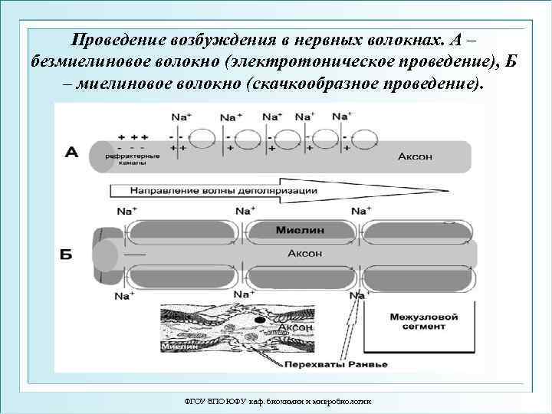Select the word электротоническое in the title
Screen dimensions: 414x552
pos(326,60)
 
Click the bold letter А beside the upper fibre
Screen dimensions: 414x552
pos(71,153)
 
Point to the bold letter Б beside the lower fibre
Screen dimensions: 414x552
pos(66,254)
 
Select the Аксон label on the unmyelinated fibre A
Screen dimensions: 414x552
pos(415,156)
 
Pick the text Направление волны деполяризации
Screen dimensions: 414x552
pos(224,190)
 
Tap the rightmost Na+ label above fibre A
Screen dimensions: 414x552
pos(342,116)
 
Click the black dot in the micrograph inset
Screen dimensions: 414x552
pos(261,320)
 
